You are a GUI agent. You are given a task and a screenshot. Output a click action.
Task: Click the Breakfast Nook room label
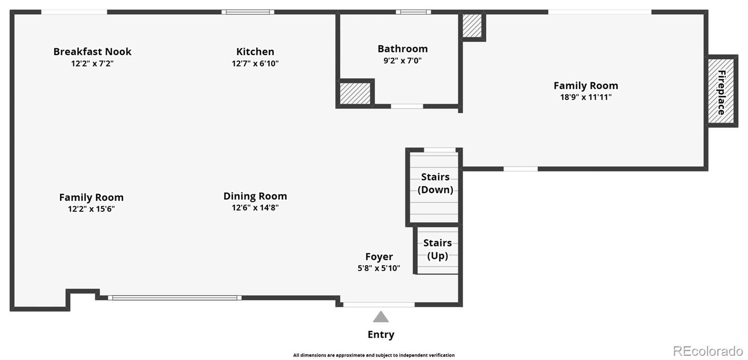click(x=92, y=52)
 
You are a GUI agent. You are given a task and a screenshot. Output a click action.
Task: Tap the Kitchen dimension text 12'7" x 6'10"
click(x=255, y=64)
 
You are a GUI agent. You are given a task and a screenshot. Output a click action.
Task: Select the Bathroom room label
click(x=403, y=49)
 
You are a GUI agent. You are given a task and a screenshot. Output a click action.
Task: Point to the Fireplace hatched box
click(x=721, y=92)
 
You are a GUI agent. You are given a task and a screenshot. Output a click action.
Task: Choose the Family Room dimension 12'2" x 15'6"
click(x=91, y=209)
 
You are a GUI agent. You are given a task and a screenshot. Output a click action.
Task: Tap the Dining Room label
click(x=255, y=196)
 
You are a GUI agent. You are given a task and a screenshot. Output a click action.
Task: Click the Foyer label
click(x=379, y=257)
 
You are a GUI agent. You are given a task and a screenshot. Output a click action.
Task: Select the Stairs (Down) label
click(x=435, y=183)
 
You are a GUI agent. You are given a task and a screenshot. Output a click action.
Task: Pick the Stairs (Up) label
click(x=438, y=249)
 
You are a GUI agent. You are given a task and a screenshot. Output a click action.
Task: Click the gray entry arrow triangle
click(x=381, y=317)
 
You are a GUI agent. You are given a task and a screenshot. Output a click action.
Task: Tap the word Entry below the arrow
click(x=381, y=335)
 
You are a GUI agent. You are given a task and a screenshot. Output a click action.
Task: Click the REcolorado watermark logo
click(x=707, y=351)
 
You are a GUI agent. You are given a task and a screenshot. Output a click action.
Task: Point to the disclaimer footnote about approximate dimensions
click(x=374, y=355)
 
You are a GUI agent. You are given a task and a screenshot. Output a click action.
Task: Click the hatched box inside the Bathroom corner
click(x=355, y=93)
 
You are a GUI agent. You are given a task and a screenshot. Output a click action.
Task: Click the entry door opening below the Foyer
click(x=379, y=304)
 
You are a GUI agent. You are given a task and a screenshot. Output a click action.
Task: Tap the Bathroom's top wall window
click(x=413, y=12)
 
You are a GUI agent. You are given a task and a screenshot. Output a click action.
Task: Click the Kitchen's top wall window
click(x=248, y=12)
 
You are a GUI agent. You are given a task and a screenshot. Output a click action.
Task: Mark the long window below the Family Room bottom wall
click(x=175, y=297)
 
